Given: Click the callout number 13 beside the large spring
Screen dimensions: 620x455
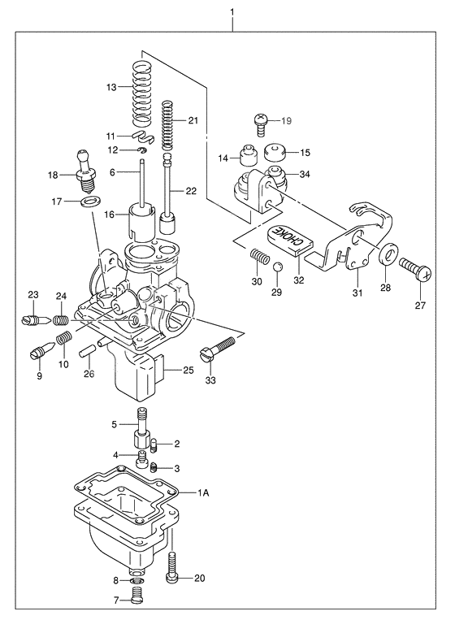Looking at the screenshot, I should click(x=113, y=87).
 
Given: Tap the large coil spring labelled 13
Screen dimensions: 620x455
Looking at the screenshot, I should click(x=143, y=87).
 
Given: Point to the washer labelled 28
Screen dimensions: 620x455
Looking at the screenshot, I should click(x=388, y=254).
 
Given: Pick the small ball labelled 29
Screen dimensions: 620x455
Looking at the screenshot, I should click(x=277, y=267).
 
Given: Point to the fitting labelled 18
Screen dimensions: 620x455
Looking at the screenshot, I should click(x=82, y=165).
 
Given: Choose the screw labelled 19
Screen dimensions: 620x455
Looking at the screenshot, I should click(x=259, y=123).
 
